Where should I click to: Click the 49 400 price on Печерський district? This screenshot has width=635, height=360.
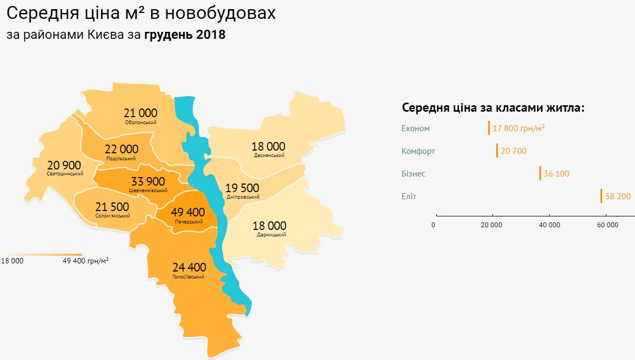[x=188, y=212]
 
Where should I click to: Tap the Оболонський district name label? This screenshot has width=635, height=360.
[x=140, y=123]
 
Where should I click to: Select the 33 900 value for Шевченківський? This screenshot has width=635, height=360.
[x=148, y=181]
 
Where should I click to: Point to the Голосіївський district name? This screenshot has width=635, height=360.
[x=188, y=277]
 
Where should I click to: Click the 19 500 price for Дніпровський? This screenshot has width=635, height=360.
[x=242, y=188]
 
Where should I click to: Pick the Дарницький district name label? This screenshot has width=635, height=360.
[x=269, y=235]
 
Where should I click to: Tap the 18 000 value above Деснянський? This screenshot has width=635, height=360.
[x=268, y=146]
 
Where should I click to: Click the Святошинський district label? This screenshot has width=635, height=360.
[x=65, y=174]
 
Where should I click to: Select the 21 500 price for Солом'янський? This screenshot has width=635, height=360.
[x=112, y=207]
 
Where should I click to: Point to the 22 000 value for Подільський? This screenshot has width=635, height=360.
[x=121, y=149]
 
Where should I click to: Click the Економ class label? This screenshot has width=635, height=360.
[x=416, y=128]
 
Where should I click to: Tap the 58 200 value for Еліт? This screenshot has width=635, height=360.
[x=618, y=196]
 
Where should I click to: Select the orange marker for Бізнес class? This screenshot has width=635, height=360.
[x=540, y=173]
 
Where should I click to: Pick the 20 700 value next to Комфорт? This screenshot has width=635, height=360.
[x=514, y=151]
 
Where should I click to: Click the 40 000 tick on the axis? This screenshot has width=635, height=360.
[x=550, y=225]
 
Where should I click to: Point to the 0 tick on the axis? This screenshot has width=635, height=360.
[x=434, y=225]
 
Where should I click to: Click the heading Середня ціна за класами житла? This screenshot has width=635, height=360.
[x=494, y=107]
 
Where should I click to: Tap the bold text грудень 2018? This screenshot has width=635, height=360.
[x=185, y=35]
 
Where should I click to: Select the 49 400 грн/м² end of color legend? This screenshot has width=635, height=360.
[x=86, y=261]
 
